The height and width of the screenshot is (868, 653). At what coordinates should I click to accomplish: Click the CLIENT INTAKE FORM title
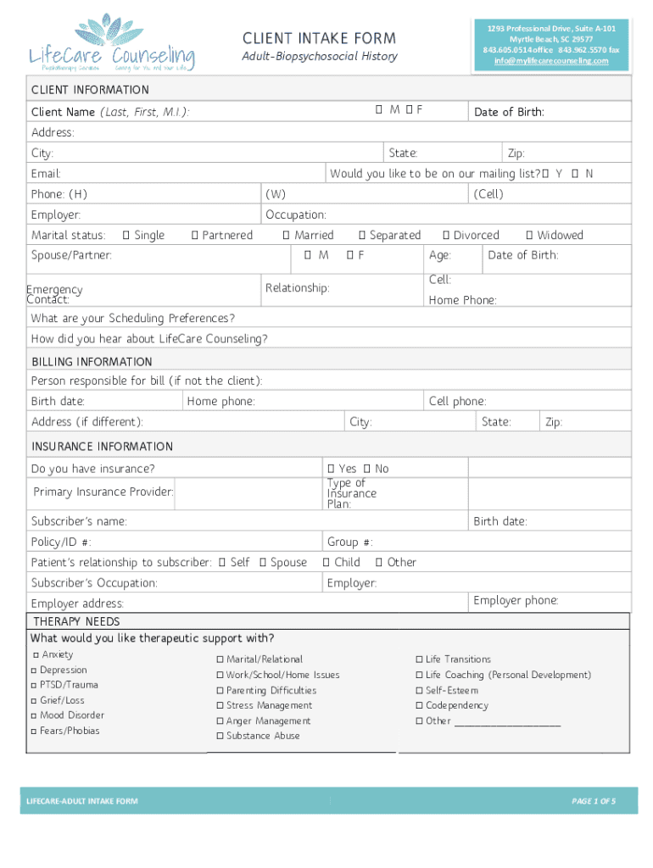click(x=319, y=38)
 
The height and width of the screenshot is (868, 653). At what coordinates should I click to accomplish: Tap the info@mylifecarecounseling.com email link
click(x=551, y=60)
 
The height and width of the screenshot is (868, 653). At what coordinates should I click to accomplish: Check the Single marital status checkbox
click(x=126, y=235)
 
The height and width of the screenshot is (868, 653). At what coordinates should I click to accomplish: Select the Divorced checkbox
click(x=445, y=235)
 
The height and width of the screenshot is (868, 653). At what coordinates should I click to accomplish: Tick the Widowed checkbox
click(x=529, y=235)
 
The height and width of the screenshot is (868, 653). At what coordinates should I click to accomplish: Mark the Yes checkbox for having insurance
click(x=331, y=469)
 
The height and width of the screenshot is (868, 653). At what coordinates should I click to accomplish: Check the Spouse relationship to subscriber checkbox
click(x=263, y=562)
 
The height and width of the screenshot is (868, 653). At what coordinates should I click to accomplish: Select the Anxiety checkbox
click(x=36, y=655)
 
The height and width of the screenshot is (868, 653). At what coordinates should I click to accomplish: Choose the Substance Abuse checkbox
click(x=220, y=736)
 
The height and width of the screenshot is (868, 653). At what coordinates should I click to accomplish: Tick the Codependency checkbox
click(x=419, y=705)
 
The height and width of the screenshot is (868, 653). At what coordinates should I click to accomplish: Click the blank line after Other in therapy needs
click(x=508, y=722)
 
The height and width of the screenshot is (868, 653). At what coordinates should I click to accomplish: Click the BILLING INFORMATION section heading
click(x=92, y=362)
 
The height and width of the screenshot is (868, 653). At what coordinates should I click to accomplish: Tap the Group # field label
click(x=349, y=542)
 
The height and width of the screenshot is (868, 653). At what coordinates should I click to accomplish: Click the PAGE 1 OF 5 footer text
click(x=594, y=801)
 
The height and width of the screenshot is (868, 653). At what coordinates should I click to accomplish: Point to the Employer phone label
click(x=516, y=600)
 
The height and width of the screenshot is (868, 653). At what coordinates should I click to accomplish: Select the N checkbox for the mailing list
click(x=575, y=174)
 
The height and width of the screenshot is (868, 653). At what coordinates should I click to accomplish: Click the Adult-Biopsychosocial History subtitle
click(x=320, y=57)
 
